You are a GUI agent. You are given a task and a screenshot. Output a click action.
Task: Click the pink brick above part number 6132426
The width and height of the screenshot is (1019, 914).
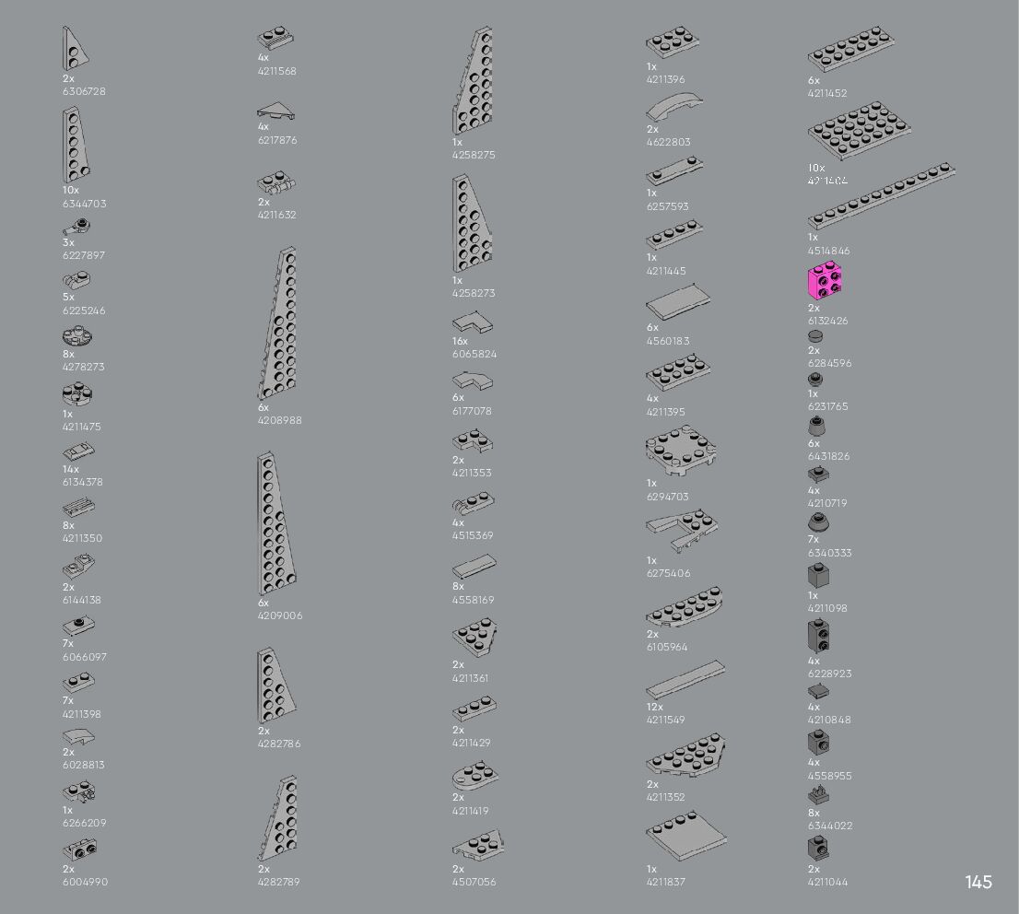(x=826, y=282)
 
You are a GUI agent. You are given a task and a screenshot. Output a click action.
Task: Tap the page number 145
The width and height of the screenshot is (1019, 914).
(x=978, y=882)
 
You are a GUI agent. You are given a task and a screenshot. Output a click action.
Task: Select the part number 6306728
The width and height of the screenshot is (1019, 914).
(x=84, y=91)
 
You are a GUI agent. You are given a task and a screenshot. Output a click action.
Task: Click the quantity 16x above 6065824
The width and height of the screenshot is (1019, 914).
(x=461, y=341)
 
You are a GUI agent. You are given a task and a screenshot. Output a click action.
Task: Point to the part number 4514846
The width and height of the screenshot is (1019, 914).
(x=829, y=251)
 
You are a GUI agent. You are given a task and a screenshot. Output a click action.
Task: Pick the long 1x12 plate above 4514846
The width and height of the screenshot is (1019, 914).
(x=881, y=195)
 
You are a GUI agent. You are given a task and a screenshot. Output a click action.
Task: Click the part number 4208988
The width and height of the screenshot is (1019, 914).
(x=279, y=420)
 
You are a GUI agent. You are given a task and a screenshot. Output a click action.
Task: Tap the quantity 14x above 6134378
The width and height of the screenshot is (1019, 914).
(x=71, y=469)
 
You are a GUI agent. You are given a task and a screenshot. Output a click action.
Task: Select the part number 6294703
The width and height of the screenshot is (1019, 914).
(x=667, y=497)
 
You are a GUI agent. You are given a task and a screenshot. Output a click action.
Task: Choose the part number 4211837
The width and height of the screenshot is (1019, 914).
(x=665, y=882)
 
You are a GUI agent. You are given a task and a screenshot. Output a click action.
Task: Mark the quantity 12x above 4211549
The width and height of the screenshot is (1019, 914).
(x=655, y=707)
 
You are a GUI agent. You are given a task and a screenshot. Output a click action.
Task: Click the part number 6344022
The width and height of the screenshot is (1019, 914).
(x=830, y=826)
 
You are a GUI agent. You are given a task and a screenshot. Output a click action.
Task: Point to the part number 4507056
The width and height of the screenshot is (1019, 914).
(x=474, y=882)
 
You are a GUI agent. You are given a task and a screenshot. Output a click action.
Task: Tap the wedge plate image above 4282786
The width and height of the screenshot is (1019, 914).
(x=276, y=685)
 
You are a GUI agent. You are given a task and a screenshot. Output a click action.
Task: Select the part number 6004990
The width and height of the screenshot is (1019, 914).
(x=85, y=882)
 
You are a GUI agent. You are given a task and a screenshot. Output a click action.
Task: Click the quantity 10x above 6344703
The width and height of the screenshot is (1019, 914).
(x=71, y=190)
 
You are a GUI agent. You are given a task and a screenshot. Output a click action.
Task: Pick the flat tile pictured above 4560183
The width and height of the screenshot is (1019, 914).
(x=677, y=301)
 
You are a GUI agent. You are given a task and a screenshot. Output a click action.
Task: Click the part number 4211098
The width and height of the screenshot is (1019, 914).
(x=827, y=608)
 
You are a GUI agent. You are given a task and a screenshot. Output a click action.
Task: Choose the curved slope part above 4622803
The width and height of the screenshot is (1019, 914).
(x=674, y=109)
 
